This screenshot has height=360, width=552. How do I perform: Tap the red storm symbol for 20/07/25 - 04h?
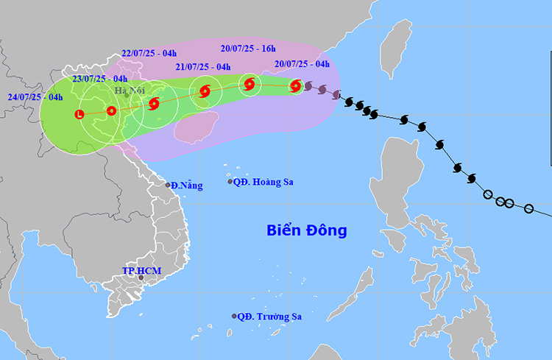(295, 86)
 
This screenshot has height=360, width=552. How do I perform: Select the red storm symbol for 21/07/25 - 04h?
(204, 92)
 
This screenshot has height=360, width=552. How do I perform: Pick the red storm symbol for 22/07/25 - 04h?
(154, 104)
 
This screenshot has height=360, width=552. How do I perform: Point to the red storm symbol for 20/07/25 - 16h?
(250, 85)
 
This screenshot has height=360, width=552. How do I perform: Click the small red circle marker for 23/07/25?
(111, 111)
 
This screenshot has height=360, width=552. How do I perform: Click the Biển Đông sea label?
(306, 230)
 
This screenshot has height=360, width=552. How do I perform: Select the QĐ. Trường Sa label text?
(272, 317)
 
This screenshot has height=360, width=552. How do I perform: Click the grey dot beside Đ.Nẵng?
(168, 186)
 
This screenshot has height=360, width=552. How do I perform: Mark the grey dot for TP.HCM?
(141, 278)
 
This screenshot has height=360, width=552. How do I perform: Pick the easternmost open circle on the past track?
(528, 209)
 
